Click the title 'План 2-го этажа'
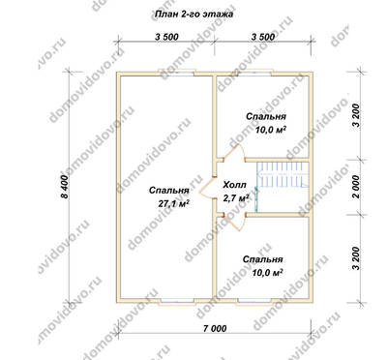coord(193,15)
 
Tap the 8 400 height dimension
coord(65,187)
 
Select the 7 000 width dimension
coord(215,328)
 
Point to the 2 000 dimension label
coord(356,187)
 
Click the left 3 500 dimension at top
coord(166,37)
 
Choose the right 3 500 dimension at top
coord(263,37)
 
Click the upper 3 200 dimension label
coord(356,115)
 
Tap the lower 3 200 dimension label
coord(356,258)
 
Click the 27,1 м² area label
coord(173,204)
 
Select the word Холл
coord(234,185)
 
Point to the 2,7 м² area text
coord(236,197)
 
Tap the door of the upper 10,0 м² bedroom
coord(235,152)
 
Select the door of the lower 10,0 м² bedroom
coord(235,223)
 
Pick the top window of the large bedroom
coord(176,73)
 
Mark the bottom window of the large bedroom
coord(178,301)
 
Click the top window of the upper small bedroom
coord(254,73)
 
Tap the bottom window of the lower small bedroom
coord(254,301)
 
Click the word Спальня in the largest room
coord(169,191)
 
